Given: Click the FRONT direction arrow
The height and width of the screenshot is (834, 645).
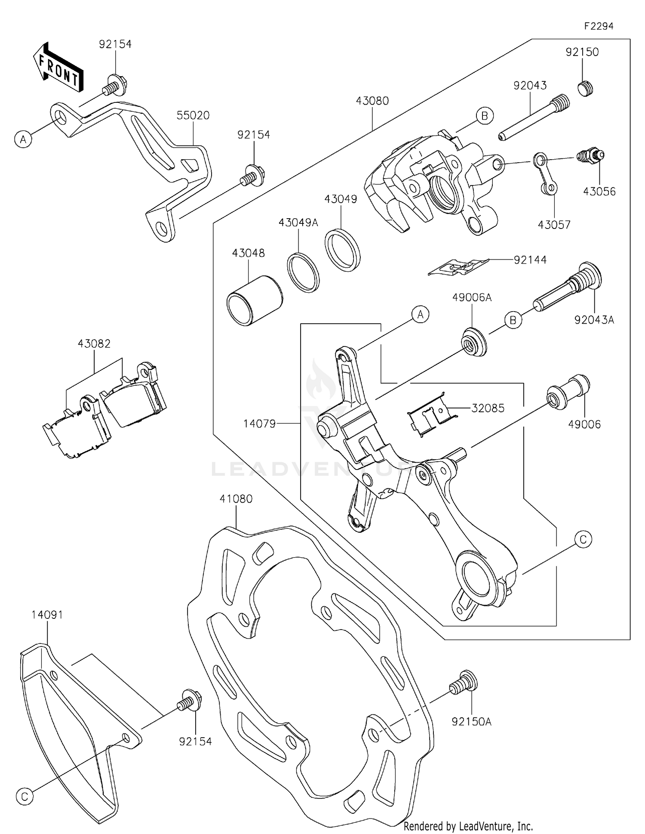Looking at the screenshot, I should click(58, 68).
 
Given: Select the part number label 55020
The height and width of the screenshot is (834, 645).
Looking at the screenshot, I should click(193, 115).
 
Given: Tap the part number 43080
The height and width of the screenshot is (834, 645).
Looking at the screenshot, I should click(372, 101).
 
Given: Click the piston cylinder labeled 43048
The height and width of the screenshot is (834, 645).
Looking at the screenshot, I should click(255, 300).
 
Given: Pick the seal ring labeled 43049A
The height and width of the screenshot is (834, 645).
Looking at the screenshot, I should click(303, 272).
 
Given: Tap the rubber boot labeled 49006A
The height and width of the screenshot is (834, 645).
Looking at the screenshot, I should click(474, 342).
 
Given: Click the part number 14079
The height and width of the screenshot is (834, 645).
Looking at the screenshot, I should click(259, 424).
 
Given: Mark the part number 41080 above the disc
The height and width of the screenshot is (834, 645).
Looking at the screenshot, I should click(236, 499).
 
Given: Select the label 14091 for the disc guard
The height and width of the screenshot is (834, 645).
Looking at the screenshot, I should click(47, 615).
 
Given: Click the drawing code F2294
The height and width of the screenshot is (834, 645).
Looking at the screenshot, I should click(598, 26).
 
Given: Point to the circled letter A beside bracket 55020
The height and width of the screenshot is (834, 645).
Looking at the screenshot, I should click(24, 139).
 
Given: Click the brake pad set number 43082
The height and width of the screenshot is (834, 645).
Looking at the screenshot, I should click(94, 343).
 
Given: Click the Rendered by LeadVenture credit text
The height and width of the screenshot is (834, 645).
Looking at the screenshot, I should click(468, 826).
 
